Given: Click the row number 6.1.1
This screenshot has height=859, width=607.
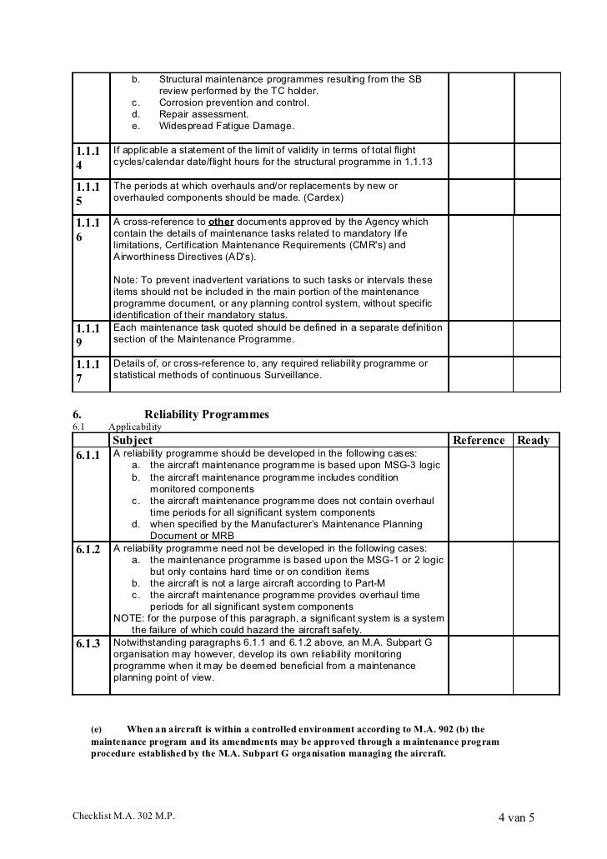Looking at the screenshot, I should coord(88,455).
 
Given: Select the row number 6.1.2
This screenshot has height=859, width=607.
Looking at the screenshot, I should coord(88,550).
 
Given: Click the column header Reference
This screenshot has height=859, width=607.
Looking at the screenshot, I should coord(478,440).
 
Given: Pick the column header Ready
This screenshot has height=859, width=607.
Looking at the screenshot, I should coord(534,440).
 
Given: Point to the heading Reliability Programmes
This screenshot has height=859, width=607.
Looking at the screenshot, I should coord(207,414).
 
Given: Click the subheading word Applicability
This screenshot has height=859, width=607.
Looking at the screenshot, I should coord(135,427).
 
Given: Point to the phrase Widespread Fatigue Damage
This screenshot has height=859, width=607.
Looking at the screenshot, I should coord(226,126).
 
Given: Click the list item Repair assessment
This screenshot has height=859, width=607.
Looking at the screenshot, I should coord(204,114).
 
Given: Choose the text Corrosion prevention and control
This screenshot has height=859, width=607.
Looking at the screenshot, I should coord(233,102).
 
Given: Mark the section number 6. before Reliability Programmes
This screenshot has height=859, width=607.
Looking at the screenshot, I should coord(76,414).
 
